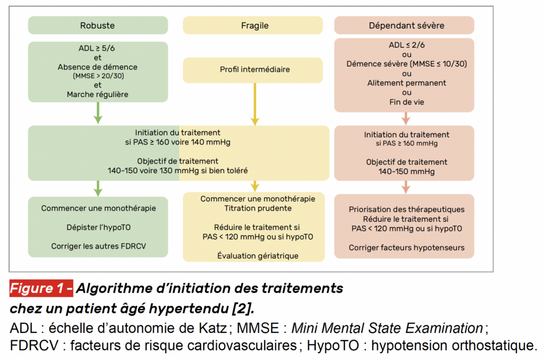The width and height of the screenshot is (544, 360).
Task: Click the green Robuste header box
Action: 98,25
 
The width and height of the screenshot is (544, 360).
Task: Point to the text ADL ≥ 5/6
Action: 97,48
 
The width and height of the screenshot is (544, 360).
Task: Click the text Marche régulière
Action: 98,95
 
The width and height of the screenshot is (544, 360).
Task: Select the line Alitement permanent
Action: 406,83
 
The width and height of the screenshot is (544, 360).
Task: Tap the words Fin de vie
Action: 406,102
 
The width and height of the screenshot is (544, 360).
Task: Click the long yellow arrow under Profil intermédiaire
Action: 255,104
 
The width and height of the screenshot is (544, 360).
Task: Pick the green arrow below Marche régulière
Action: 98,113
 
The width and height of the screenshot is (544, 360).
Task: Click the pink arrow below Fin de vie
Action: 406,118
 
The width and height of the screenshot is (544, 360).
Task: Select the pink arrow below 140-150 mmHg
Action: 406,187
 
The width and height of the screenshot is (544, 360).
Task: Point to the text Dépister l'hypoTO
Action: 98,227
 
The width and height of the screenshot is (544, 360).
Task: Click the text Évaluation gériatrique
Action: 258,255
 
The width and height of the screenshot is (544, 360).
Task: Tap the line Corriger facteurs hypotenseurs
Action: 406,247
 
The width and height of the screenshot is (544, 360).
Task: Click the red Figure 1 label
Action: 41,288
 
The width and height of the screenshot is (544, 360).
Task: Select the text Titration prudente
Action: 258,208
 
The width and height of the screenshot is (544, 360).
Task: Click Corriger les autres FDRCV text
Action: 98,246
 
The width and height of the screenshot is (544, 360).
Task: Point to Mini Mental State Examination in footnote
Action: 387,328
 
